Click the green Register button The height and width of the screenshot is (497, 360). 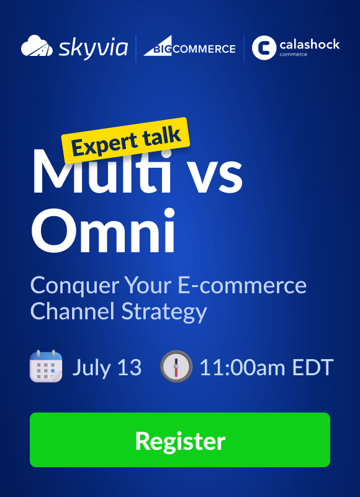click(x=180, y=440)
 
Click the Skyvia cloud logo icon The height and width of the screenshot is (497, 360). click(x=37, y=46)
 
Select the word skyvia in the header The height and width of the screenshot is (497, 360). click(x=93, y=48)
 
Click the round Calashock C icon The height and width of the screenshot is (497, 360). click(x=264, y=48)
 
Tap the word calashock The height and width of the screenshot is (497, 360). click(x=310, y=44)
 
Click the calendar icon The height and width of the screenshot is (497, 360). click(x=46, y=366)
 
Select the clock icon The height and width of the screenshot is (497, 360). click(x=176, y=367)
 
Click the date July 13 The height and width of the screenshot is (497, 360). click(x=107, y=368)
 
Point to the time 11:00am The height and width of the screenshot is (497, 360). click(x=243, y=368)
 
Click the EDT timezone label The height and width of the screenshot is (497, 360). click(x=312, y=368)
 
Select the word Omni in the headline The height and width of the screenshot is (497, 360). click(x=103, y=229)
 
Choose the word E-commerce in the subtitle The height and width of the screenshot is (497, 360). click(x=242, y=285)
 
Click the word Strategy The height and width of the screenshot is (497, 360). click(x=164, y=312)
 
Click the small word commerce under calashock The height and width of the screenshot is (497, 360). click(x=293, y=55)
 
